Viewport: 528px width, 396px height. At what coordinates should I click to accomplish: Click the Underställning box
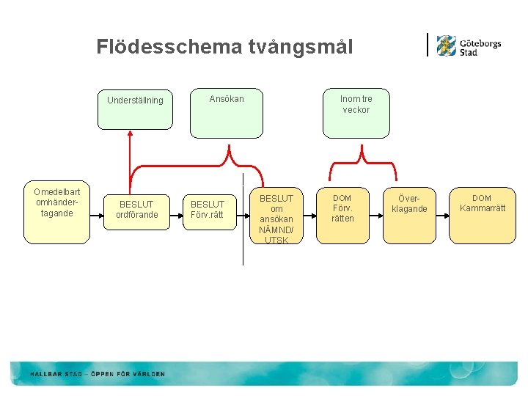(135, 100)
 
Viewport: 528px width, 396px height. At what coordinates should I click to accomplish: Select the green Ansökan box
(226, 113)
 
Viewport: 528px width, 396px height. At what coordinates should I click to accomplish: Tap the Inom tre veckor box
(356, 113)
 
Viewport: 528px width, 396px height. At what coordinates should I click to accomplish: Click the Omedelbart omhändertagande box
(56, 213)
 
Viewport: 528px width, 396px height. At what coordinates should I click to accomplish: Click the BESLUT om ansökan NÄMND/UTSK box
(276, 219)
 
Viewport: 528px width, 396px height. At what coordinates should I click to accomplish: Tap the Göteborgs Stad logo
(467, 45)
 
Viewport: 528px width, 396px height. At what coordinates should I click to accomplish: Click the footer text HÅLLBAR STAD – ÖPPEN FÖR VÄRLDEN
(98, 374)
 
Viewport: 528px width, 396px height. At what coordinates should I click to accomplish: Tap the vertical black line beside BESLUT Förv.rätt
(243, 220)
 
